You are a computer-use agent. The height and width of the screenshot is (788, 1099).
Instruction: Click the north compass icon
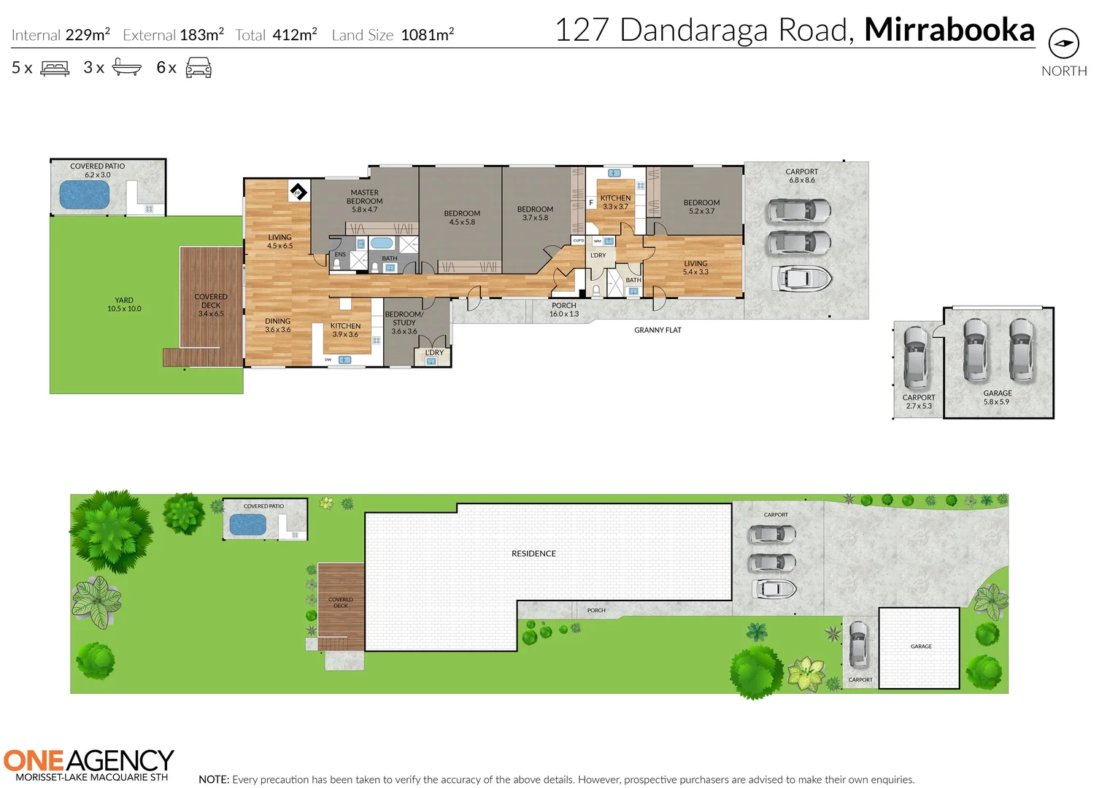click(x=1063, y=44)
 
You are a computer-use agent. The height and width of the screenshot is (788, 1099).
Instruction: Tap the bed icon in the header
click(x=55, y=69)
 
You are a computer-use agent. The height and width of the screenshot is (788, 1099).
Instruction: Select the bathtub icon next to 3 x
click(x=126, y=69)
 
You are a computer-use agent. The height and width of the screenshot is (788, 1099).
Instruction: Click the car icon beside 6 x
click(x=198, y=69)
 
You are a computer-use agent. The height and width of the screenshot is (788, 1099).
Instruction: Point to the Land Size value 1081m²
click(x=427, y=35)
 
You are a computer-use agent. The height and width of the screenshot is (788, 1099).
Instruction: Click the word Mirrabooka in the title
click(x=949, y=31)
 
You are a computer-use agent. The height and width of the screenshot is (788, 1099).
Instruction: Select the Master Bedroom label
click(x=364, y=201)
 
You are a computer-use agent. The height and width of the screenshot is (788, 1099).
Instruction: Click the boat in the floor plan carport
click(x=801, y=278)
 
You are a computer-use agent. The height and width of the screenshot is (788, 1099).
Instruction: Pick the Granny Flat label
click(x=658, y=331)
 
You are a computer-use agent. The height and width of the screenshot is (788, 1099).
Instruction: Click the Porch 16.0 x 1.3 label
click(x=563, y=310)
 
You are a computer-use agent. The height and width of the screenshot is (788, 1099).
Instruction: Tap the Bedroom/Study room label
click(x=404, y=322)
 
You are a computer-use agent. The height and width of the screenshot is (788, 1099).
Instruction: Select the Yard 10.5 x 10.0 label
click(x=124, y=304)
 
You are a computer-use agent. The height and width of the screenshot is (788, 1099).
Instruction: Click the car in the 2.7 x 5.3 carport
click(x=915, y=357)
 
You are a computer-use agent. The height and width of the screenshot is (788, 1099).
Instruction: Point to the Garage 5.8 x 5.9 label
click(x=997, y=398)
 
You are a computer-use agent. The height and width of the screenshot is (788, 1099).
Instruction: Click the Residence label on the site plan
click(x=533, y=554)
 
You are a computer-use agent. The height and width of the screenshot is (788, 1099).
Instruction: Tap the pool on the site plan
click(x=248, y=525)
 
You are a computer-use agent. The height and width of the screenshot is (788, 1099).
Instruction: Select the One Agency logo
click(x=88, y=764)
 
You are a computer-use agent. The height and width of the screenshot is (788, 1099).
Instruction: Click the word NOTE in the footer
click(x=214, y=780)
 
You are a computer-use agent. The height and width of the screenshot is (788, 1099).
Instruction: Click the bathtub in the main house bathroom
click(x=381, y=243)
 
